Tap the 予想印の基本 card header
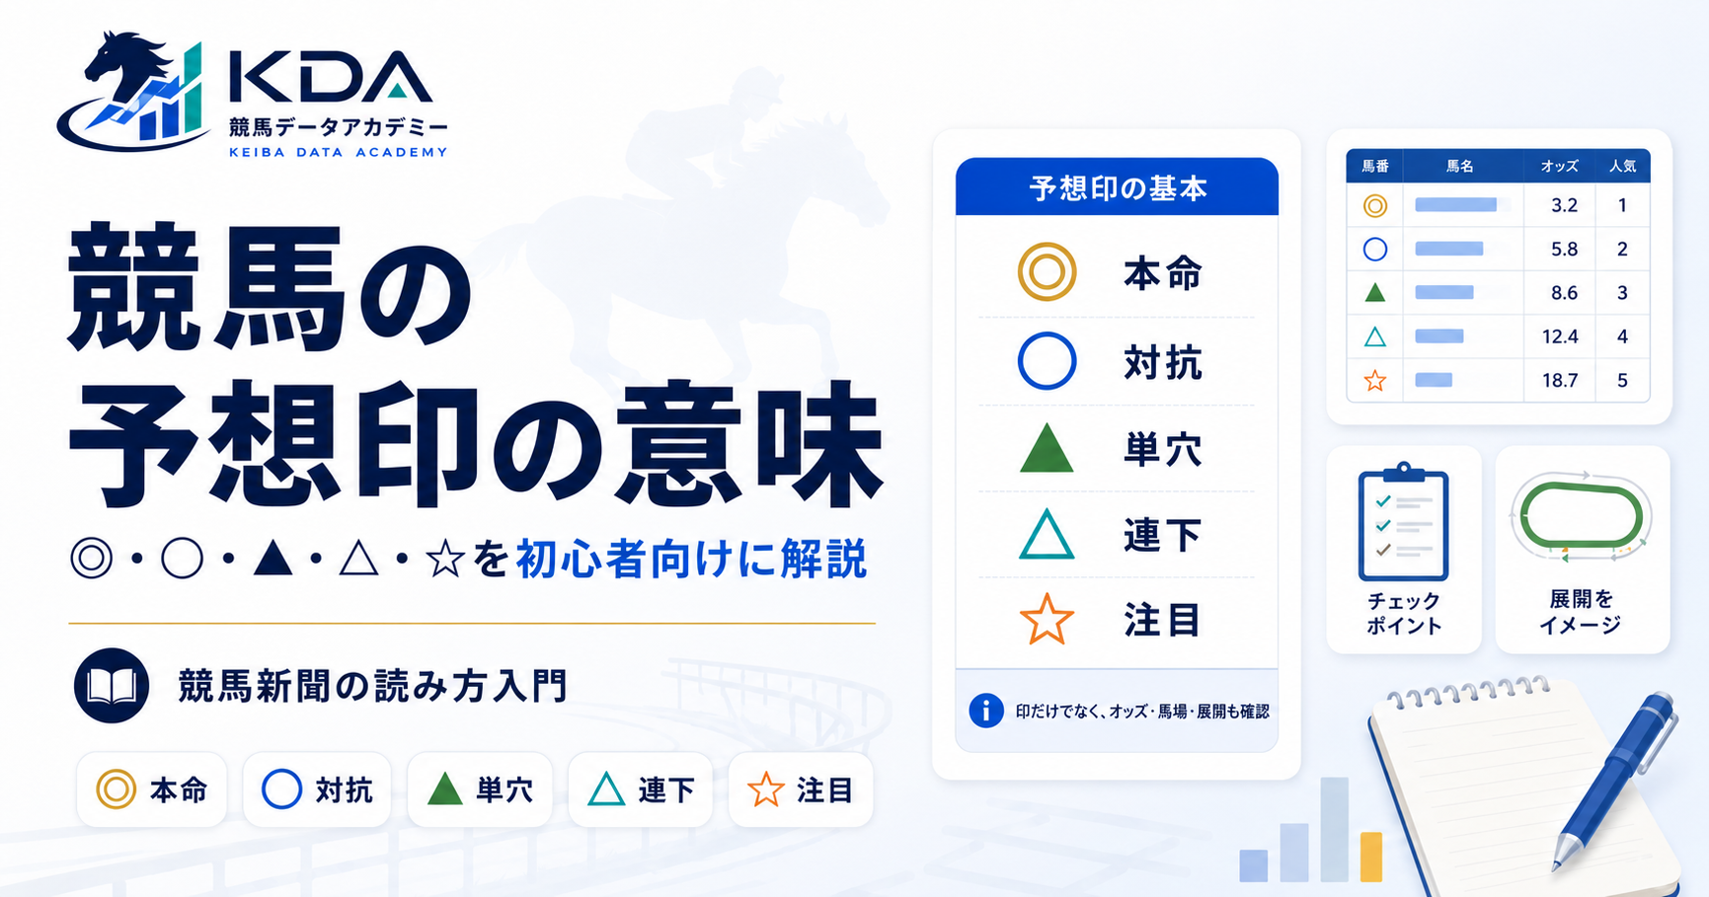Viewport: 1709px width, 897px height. [x=1117, y=187]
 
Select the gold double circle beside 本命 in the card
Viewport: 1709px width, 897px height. [x=1047, y=271]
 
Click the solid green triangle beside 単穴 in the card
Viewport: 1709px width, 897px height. [x=1047, y=449]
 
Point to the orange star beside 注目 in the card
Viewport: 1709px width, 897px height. [x=1047, y=620]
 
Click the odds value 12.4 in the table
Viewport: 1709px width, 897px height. [x=1560, y=336]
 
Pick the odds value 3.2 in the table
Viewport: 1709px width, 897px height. [x=1564, y=205]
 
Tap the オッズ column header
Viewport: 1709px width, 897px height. [x=1560, y=166]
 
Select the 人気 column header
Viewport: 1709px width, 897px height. [x=1622, y=166]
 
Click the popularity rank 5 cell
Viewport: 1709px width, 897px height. [x=1622, y=380]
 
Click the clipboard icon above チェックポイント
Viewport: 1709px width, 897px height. [x=1403, y=523]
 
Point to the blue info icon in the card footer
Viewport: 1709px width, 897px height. [x=985, y=710]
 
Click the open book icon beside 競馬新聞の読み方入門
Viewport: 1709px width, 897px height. [x=112, y=685]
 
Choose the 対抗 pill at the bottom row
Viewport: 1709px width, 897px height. [x=317, y=790]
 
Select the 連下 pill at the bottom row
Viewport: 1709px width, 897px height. [x=641, y=790]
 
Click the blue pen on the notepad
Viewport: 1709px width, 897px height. [x=1614, y=780]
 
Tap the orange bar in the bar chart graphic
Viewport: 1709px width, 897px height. [x=1370, y=857]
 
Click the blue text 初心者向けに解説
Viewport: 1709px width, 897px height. [x=691, y=559]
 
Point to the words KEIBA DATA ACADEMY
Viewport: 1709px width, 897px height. [x=338, y=152]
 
